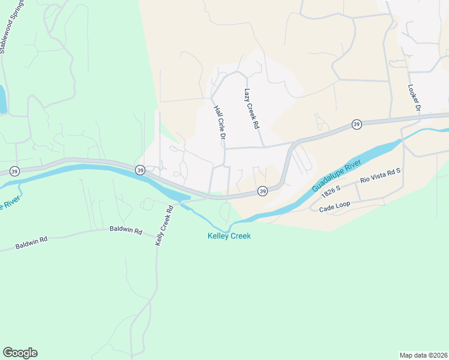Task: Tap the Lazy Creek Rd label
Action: click(251, 109)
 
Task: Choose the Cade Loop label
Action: click(334, 205)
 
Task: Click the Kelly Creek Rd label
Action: click(164, 225)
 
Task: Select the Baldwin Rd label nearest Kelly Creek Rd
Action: click(125, 230)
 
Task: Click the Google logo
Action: click(20, 353)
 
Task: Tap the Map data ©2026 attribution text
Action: click(423, 355)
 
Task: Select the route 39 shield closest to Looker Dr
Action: click(357, 124)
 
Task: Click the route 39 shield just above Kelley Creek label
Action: click(262, 191)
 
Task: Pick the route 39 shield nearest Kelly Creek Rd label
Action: click(140, 170)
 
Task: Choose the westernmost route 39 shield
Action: click(14, 172)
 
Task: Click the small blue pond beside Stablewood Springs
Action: click(2, 100)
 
